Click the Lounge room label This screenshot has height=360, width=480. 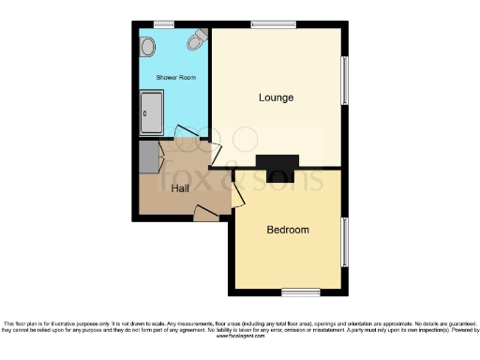pyautogui.click(x=276, y=97)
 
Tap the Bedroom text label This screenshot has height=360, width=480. pyautogui.click(x=288, y=230)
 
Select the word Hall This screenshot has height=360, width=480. pyautogui.click(x=182, y=188)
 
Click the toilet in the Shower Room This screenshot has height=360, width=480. pyautogui.click(x=197, y=39)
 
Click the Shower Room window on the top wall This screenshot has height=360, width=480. pyautogui.click(x=164, y=24)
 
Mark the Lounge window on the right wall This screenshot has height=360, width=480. pyautogui.click(x=345, y=82)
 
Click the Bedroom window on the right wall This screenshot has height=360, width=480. pyautogui.click(x=345, y=241)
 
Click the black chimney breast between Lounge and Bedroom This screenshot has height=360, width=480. pyautogui.click(x=277, y=167)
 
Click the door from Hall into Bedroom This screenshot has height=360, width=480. pyautogui.click(x=237, y=195)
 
